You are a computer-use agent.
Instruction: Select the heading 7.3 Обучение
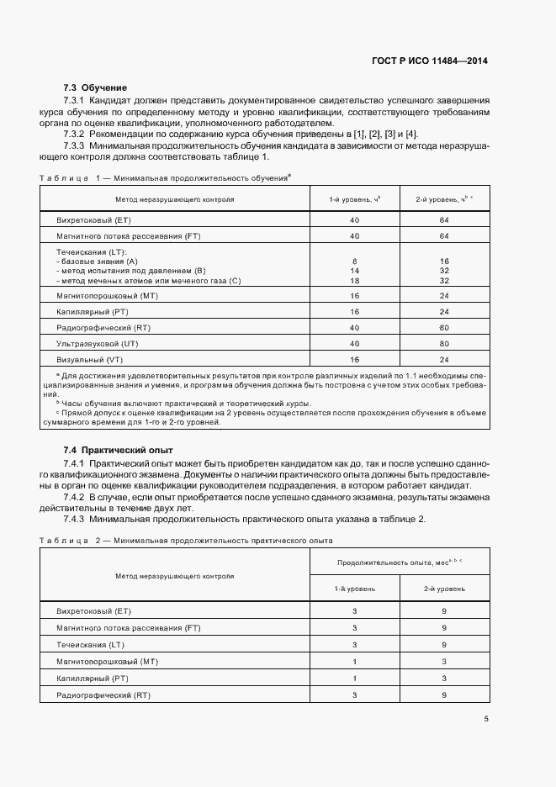(95, 87)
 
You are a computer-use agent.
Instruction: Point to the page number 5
(486, 718)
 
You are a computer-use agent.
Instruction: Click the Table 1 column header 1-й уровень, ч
(354, 199)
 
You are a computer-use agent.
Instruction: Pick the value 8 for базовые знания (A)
(354, 261)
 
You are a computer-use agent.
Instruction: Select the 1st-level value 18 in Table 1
(354, 280)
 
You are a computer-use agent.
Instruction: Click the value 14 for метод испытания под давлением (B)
(354, 271)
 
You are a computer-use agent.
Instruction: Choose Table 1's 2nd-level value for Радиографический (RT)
(443, 327)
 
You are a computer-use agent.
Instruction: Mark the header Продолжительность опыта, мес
(399, 561)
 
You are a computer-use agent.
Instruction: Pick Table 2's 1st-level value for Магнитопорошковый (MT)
(355, 662)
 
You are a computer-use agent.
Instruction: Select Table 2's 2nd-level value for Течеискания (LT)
(443, 645)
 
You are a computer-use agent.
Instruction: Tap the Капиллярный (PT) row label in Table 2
(92, 679)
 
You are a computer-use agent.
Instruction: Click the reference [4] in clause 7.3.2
(410, 135)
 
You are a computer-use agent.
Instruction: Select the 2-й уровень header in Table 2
(443, 589)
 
